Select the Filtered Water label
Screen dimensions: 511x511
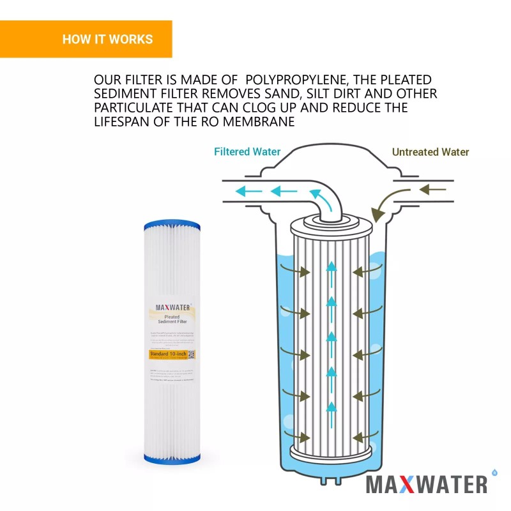[x=247, y=152]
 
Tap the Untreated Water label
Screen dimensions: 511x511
[x=430, y=152]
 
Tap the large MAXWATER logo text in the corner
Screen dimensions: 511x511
[x=426, y=485]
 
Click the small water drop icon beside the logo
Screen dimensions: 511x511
[x=494, y=472]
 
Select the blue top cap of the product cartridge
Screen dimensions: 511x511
[x=172, y=225]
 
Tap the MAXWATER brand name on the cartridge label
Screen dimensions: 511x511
[x=172, y=307]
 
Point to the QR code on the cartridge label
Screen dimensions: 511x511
[x=191, y=355]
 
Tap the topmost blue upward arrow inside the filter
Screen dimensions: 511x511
[x=331, y=267]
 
